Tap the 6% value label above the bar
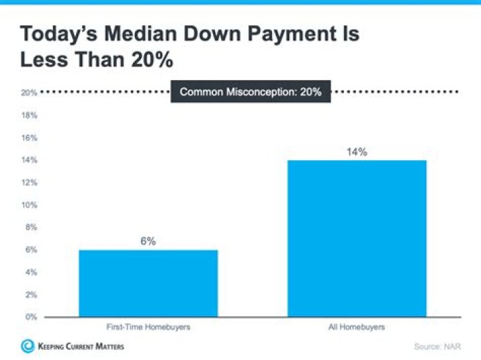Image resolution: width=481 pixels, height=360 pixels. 148,241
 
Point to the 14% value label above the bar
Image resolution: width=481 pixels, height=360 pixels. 357,152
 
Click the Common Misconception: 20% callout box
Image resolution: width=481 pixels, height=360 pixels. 251,92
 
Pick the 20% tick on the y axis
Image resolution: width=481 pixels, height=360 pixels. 29,93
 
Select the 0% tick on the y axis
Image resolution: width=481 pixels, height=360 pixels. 30,317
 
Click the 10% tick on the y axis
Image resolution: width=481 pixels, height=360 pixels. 29,205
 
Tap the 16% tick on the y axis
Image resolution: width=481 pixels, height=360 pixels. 29,138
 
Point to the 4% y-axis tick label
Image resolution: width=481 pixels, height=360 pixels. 30,272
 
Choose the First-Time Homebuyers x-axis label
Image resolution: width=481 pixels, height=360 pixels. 148,327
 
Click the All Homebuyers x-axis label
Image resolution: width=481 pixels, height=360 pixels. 357,327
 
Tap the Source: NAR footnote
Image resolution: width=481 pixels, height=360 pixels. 437,347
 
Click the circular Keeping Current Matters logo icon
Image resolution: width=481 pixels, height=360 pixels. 27,346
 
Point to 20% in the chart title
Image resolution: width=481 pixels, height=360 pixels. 151,61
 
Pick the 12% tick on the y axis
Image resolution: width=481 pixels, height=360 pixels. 29,182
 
